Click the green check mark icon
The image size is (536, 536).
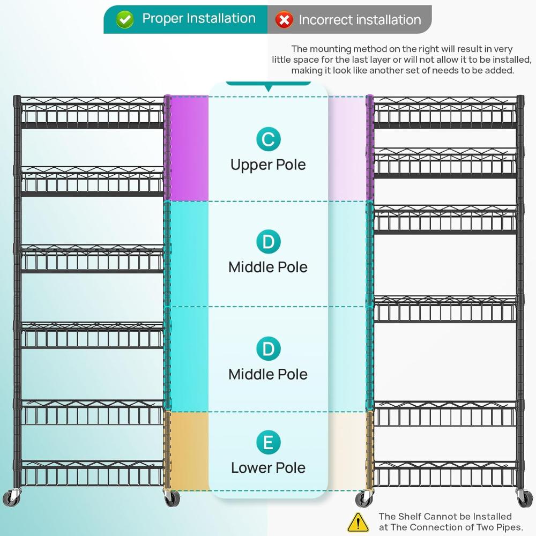point(124,19)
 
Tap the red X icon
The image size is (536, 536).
point(284,20)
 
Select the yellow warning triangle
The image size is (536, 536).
point(358,522)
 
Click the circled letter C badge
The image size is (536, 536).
point(269,139)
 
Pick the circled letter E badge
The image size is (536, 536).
point(269,442)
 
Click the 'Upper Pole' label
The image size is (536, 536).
point(268,165)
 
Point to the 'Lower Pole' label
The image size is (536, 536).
point(268,467)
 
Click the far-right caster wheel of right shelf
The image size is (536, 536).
point(524,497)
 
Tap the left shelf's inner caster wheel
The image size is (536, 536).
point(172,498)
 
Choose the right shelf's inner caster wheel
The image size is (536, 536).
point(364,498)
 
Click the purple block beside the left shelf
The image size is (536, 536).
point(189,148)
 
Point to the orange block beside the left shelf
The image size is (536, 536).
point(189,451)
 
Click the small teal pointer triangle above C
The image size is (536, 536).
point(269,89)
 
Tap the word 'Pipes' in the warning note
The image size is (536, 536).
point(508,527)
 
